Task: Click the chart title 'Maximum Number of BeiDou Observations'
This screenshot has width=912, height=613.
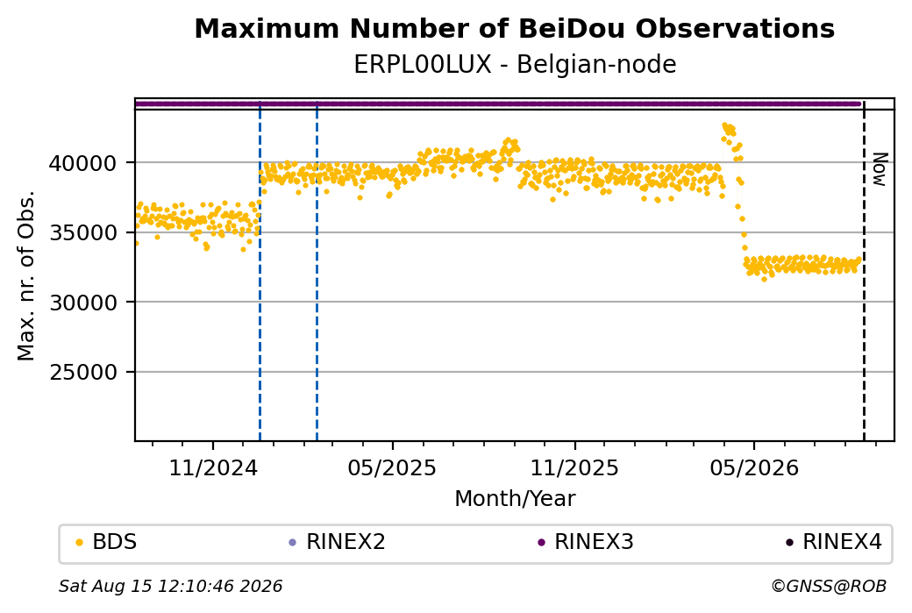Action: [x=514, y=28]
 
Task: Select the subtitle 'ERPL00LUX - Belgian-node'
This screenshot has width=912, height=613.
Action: [x=515, y=64]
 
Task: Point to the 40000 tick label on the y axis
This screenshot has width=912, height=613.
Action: [x=82, y=163]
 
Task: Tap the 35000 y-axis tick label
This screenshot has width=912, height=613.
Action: [x=82, y=232]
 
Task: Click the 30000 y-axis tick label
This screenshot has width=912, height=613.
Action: [x=82, y=303]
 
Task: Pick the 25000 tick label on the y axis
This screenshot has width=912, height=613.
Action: [x=82, y=372]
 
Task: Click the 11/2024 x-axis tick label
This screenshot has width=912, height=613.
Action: [x=213, y=467]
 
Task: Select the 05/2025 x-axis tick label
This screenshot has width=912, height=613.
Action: [x=392, y=467]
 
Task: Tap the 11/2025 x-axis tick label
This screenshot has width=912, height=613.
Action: [x=574, y=467]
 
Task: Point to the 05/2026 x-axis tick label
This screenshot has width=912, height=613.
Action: [x=754, y=467]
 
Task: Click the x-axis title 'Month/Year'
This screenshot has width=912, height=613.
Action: [x=515, y=498]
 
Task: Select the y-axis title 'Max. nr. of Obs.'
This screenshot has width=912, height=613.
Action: [x=26, y=275]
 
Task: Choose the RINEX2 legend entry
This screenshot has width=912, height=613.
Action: [x=338, y=542]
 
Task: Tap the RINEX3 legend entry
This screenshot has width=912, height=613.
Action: [x=586, y=542]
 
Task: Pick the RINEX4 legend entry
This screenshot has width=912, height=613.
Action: [x=834, y=542]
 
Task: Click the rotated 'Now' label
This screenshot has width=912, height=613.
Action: [x=880, y=169]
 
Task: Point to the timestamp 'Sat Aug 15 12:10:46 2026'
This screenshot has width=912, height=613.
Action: [x=170, y=586]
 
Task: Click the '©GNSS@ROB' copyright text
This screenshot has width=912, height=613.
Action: [x=829, y=586]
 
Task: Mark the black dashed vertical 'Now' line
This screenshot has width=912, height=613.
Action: [x=864, y=270]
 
